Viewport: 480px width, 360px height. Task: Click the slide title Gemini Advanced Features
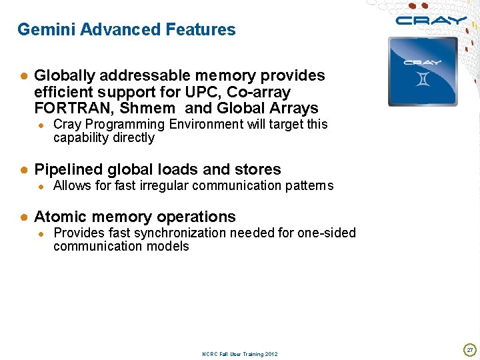point(127,29)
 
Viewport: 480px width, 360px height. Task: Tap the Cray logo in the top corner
point(431,20)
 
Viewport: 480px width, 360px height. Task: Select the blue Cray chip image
point(423,71)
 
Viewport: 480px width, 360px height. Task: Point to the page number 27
point(469,349)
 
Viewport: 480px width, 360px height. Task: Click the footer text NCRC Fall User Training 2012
point(240,354)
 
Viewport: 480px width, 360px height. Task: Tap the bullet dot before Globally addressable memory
point(23,76)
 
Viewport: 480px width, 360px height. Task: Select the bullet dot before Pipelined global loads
point(23,170)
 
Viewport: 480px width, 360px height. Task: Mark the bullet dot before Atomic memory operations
point(23,217)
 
